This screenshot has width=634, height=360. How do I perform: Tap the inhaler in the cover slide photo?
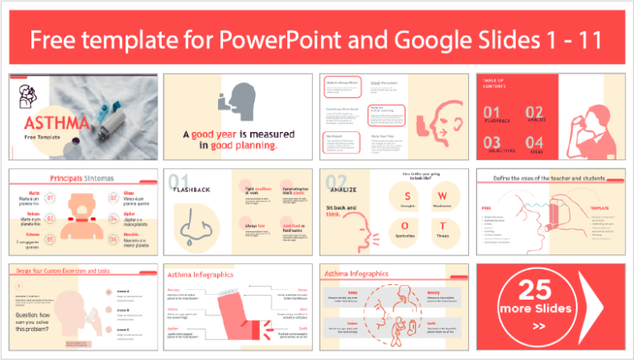111,124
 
